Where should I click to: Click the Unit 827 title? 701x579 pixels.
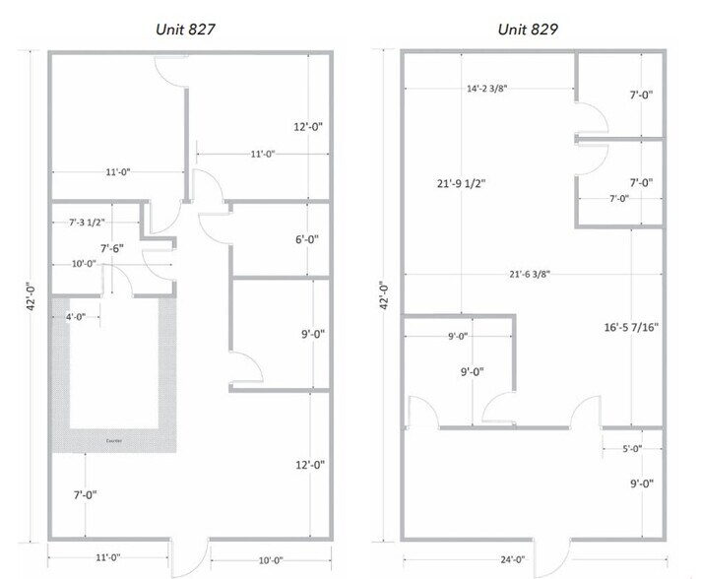click(186, 29)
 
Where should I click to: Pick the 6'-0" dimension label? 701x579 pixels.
click(309, 239)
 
